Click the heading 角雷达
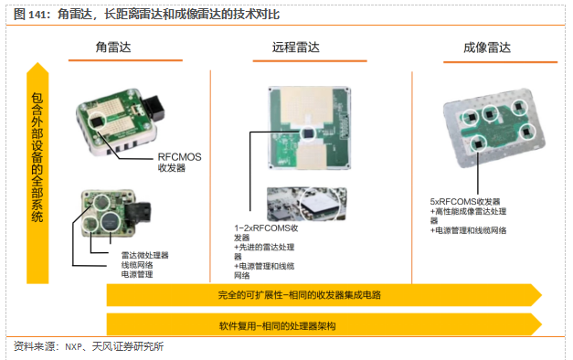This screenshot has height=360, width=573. [x=113, y=48]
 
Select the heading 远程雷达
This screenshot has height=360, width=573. [x=295, y=48]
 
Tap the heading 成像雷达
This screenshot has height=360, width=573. [x=487, y=48]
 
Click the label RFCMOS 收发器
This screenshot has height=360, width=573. [x=179, y=163]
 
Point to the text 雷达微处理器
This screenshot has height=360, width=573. [x=144, y=255]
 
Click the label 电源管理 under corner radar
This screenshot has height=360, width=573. [x=137, y=274]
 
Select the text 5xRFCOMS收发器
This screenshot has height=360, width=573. [x=465, y=201]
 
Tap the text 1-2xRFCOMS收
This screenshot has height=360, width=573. [x=266, y=228]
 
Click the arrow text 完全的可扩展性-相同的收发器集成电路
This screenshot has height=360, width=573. [x=299, y=295]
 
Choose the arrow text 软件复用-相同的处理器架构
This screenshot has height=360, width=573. [x=278, y=325]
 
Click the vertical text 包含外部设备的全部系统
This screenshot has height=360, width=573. [x=37, y=157]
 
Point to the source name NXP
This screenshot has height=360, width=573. [x=73, y=347]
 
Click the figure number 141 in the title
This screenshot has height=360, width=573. [x=37, y=15]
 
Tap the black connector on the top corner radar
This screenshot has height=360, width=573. [x=154, y=108]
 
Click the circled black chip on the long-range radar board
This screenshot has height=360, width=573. [x=308, y=133]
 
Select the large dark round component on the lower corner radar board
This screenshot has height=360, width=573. [x=110, y=221]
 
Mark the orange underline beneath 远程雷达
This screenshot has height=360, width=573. [x=310, y=61]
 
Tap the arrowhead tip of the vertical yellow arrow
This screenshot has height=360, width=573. [x=37, y=63]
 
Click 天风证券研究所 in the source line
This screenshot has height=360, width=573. [x=128, y=346]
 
